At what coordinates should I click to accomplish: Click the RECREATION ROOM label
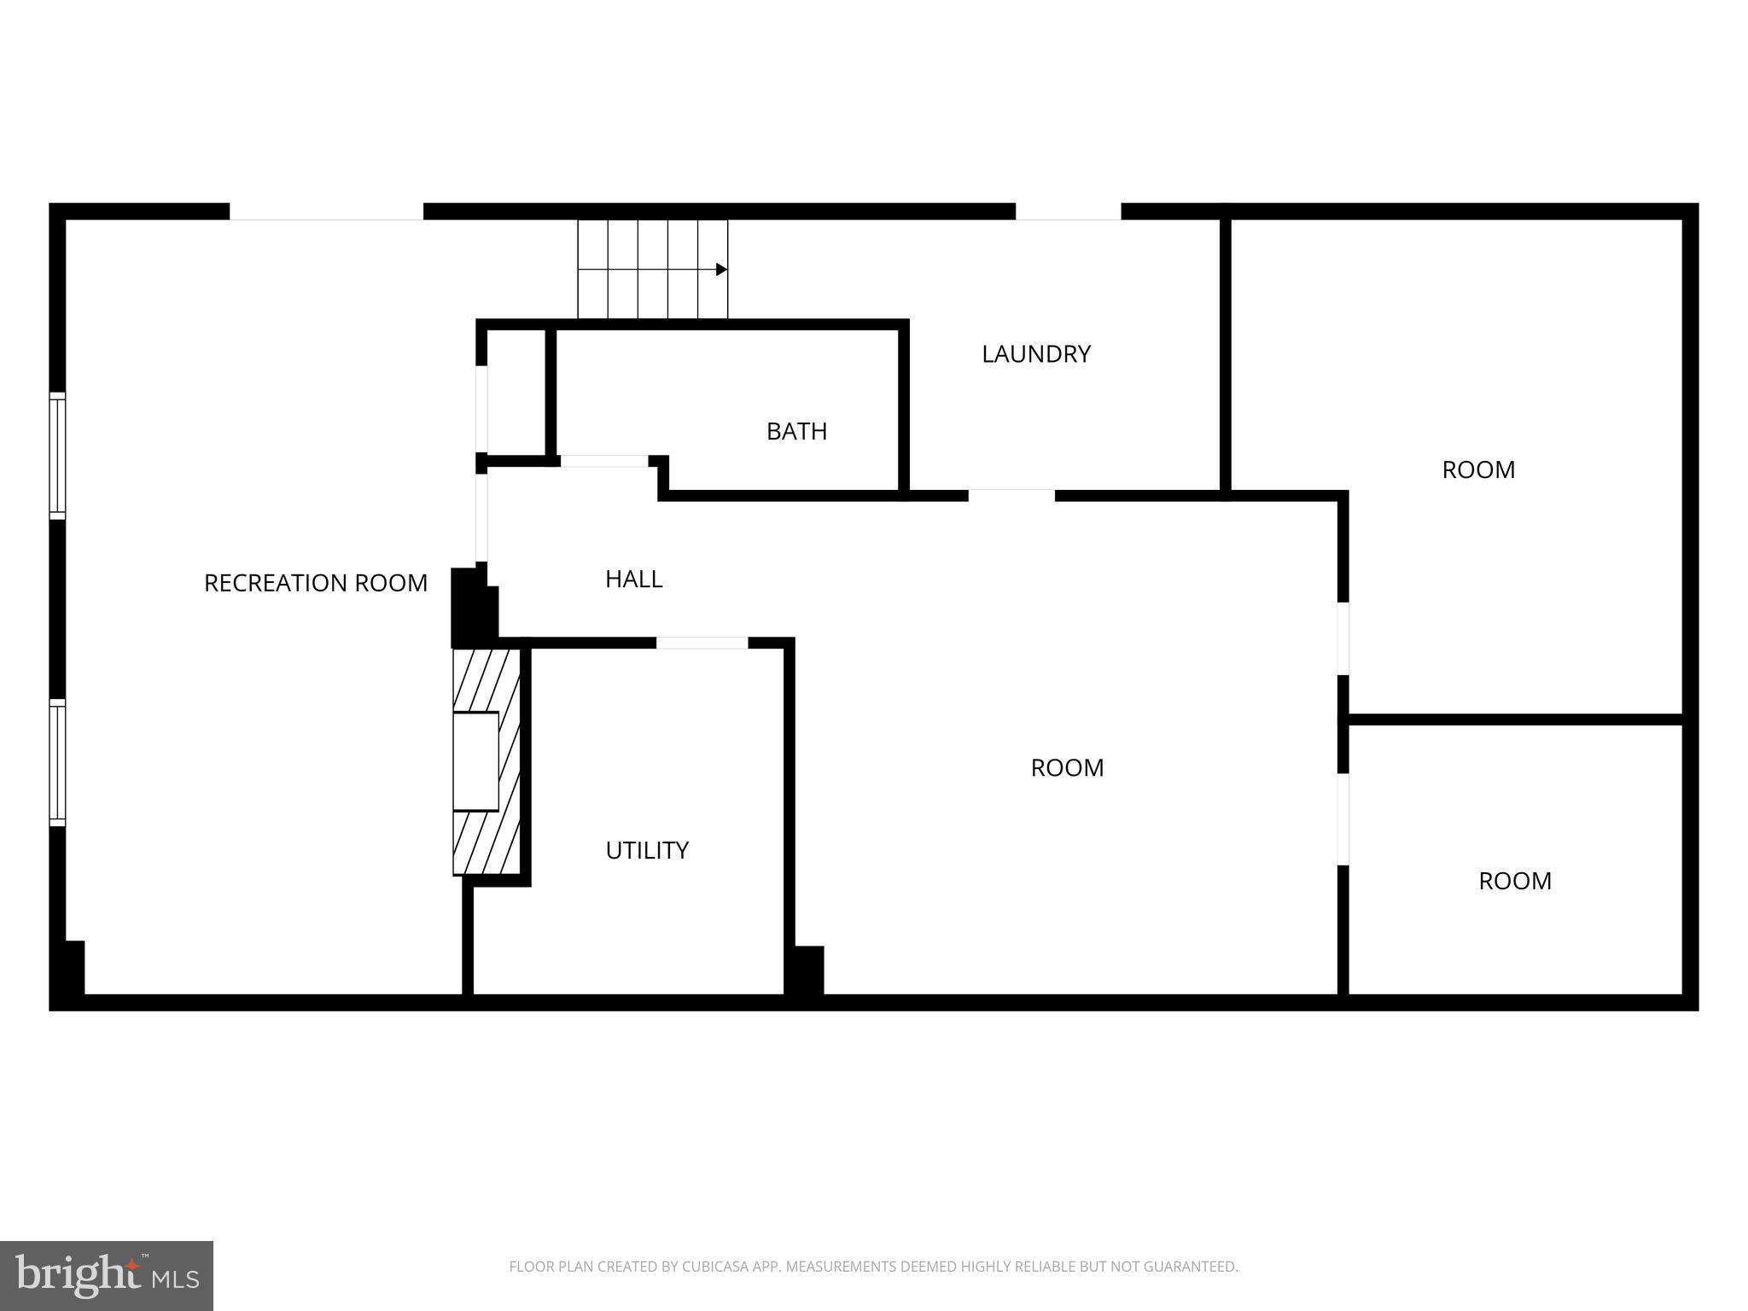coord(315,583)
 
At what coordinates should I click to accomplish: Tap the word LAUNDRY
coord(1035,354)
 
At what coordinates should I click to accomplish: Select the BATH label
coord(796,432)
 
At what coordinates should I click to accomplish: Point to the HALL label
coord(633,580)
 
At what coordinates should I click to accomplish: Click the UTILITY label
coord(646,850)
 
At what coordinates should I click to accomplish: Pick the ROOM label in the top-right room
coord(1478,470)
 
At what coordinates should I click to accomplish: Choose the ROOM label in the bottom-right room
coord(1514,881)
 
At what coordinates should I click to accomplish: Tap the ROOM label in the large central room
coord(1067,768)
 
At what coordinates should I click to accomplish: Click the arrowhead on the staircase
coord(721,270)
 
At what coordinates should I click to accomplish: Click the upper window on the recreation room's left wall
coord(57,455)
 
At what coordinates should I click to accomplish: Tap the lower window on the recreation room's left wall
coord(57,762)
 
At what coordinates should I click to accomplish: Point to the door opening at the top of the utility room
coord(702,643)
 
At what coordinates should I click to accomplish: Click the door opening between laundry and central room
coord(1011,495)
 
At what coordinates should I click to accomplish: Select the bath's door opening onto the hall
coord(604,461)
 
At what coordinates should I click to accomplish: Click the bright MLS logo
coord(106,1275)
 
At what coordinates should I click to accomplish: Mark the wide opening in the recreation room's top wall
coord(326,212)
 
